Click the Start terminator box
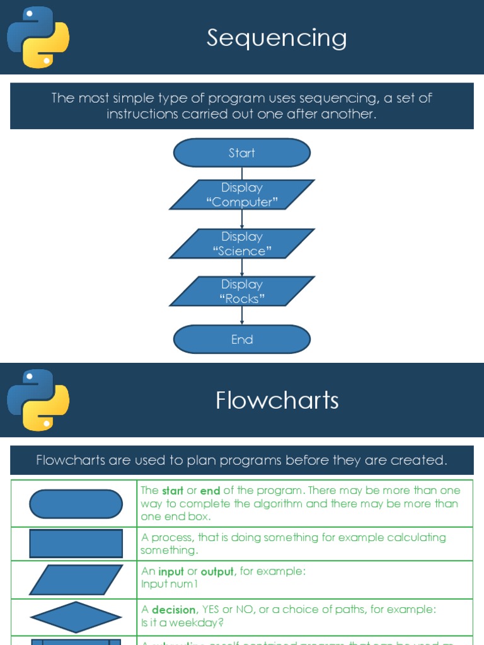(x=242, y=153)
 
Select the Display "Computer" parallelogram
(x=242, y=195)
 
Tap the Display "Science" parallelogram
(x=242, y=244)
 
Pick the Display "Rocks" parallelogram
(x=242, y=291)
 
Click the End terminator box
(x=242, y=340)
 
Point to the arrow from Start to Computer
(x=242, y=173)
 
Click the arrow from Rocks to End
(x=242, y=316)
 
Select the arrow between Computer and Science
(x=242, y=219)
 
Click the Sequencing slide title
(x=277, y=38)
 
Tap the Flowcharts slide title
(x=277, y=401)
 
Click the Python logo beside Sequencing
(x=38, y=37)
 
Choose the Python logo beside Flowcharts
(x=38, y=400)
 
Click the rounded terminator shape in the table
(x=76, y=504)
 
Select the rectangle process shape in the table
(x=76, y=544)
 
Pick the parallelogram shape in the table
(x=76, y=579)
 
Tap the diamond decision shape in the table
(x=76, y=617)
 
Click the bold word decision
(x=173, y=610)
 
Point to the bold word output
(x=217, y=571)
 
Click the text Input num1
(x=170, y=584)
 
